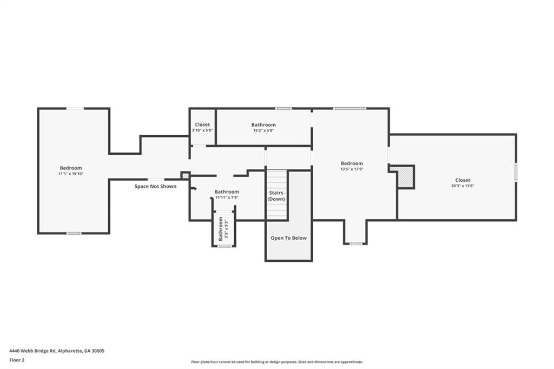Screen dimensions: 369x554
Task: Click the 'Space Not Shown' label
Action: [155, 187]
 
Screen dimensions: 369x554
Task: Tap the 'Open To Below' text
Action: [288, 238]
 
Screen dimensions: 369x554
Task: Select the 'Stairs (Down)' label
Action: [276, 195]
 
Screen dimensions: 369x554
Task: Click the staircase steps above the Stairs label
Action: [276, 179]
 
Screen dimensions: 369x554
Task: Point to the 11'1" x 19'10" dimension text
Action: [71, 174]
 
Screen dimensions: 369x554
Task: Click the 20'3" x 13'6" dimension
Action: [463, 186]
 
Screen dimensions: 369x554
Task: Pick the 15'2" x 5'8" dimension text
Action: [263, 130]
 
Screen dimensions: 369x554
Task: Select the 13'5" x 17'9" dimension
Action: [352, 169]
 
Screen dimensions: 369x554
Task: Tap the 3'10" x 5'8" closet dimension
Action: [202, 130]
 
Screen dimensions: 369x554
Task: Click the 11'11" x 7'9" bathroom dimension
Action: [226, 197]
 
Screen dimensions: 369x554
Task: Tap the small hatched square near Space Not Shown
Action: [185, 175]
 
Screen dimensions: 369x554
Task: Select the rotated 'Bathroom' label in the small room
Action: [221, 229]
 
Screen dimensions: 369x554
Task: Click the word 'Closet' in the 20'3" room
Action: [463, 180]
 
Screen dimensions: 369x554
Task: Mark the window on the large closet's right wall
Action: [516, 172]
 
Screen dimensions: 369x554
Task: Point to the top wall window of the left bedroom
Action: [75, 109]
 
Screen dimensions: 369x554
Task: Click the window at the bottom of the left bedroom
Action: [74, 233]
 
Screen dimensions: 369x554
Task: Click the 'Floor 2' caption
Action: [17, 360]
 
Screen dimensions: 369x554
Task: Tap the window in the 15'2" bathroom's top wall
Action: [283, 109]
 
